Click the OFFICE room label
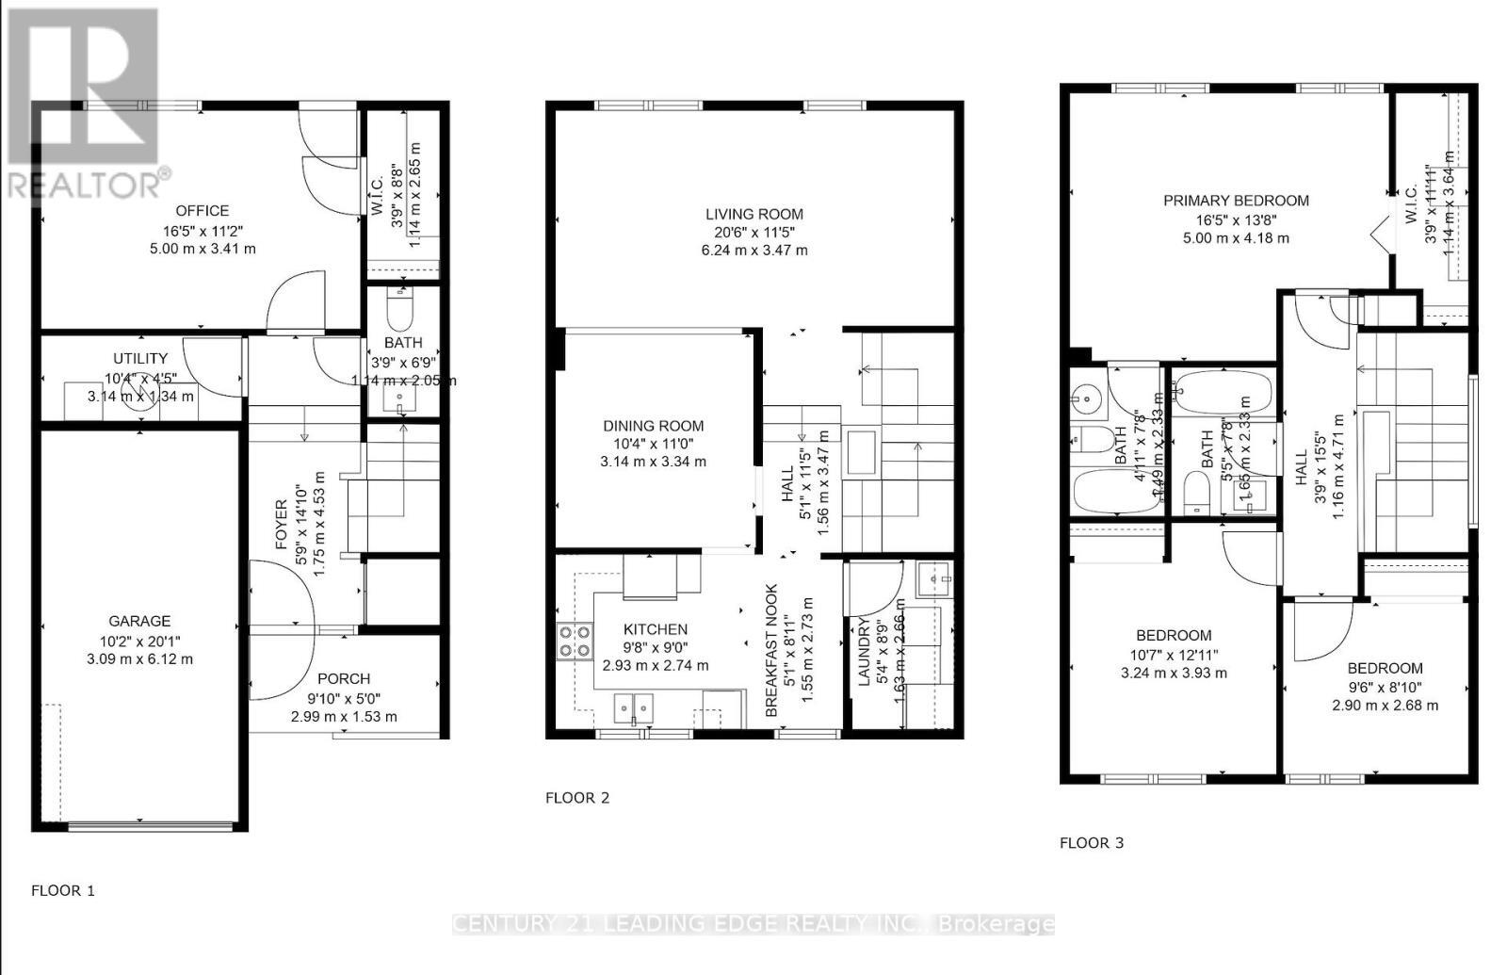[x=202, y=211]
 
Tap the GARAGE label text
[x=139, y=621]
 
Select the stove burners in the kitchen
[x=573, y=642]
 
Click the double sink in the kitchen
[x=633, y=707]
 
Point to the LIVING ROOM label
[x=754, y=214]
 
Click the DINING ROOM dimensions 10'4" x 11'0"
[x=653, y=444]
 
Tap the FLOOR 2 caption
[x=577, y=798]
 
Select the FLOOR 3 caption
[x=1092, y=843]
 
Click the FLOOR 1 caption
[x=63, y=890]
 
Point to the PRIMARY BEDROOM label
[x=1236, y=201]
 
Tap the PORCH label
[x=344, y=678]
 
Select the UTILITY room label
[x=140, y=359]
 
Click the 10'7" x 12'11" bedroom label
[x=1173, y=635]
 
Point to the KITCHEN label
[x=656, y=629]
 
